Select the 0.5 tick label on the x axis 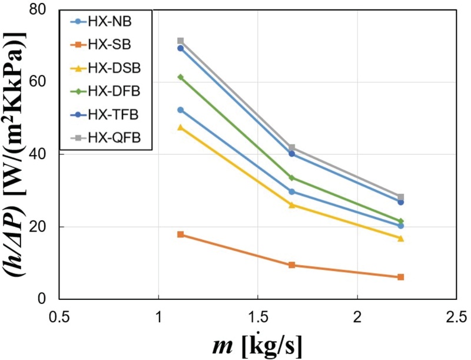[x=59, y=315]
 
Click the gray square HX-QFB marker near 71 [x=181, y=41]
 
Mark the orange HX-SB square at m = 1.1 [x=181, y=235]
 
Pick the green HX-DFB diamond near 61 [x=181, y=77]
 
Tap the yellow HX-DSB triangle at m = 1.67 [x=292, y=204]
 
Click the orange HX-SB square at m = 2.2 [x=401, y=277]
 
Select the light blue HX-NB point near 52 [x=181, y=110]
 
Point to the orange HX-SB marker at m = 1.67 [x=292, y=265]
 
